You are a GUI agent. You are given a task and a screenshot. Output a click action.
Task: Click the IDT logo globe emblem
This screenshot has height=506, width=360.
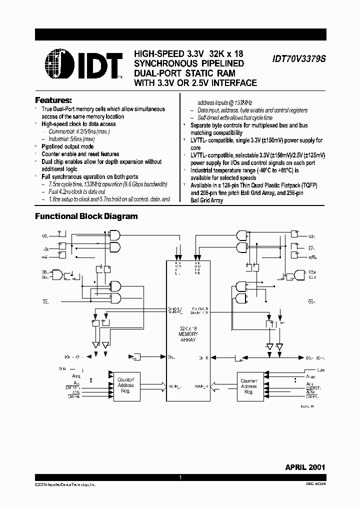[59, 64]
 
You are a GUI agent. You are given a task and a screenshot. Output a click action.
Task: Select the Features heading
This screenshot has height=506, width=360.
[53, 99]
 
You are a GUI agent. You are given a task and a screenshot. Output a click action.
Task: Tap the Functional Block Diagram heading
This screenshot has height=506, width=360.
[85, 216]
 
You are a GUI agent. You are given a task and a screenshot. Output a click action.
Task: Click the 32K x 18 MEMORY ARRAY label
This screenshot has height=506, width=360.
[188, 334]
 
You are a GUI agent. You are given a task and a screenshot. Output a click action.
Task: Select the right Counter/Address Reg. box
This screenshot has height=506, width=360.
[248, 385]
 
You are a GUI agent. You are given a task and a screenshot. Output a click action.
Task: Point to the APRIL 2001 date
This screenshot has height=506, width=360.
[305, 467]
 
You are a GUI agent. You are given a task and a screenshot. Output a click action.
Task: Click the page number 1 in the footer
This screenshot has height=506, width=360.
[180, 478]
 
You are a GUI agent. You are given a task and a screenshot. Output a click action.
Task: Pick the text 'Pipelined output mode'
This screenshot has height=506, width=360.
[67, 146]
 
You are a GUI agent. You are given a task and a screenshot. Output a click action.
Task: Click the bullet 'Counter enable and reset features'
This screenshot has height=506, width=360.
[80, 154]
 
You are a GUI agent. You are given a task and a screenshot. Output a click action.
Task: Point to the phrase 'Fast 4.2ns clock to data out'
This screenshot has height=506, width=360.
[77, 191]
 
